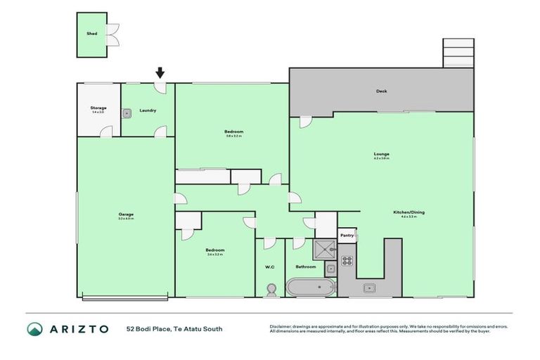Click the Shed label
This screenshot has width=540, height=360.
click(91, 32)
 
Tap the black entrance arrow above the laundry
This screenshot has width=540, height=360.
click(160, 72)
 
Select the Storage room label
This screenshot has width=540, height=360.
click(98, 108)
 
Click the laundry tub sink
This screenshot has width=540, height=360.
click(127, 112)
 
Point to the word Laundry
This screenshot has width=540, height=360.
click(148, 110)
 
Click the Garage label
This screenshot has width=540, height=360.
click(126, 214)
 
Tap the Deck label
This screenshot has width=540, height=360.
click(381, 91)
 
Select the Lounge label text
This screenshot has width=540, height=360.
click(382, 154)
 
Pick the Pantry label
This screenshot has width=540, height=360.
click(346, 236)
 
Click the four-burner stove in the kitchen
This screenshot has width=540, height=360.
click(347, 261)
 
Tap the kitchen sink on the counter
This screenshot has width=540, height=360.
click(368, 288)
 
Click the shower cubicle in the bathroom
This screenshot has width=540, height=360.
click(326, 248)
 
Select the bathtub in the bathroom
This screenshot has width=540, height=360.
click(309, 287)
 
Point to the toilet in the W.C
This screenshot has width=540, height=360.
click(270, 289)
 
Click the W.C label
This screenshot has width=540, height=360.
click(269, 266)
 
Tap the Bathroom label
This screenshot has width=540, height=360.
click(305, 266)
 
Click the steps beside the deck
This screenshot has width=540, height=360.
click(454, 53)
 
